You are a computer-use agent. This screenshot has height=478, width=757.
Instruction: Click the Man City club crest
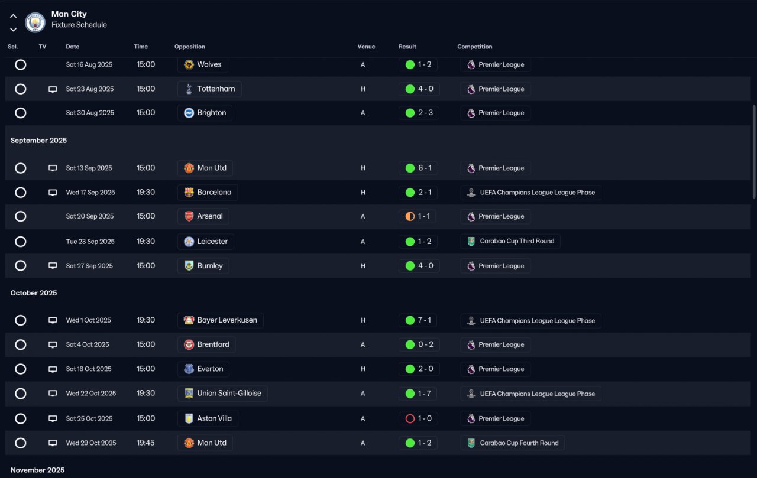click(x=35, y=22)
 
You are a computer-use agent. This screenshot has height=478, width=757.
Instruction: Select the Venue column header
click(x=366, y=47)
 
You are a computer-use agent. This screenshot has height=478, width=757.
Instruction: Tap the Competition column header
click(x=474, y=47)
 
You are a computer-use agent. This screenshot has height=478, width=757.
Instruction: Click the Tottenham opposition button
click(x=209, y=89)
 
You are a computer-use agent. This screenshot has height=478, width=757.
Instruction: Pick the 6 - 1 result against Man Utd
click(x=418, y=168)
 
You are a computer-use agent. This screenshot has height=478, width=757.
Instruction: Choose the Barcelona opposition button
click(x=207, y=193)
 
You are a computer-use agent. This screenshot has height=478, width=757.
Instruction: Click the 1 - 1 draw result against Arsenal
click(x=417, y=216)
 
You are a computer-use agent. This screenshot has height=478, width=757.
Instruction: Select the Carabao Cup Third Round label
click(x=510, y=241)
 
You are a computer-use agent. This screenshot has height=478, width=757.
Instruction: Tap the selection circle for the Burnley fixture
click(x=21, y=266)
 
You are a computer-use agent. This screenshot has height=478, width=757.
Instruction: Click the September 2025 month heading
click(x=38, y=141)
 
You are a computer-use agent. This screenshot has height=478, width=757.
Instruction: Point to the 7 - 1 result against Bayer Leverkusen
click(x=418, y=320)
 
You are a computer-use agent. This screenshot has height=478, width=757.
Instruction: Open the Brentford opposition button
click(x=206, y=344)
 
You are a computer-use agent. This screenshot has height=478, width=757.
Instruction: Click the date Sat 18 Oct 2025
click(x=89, y=369)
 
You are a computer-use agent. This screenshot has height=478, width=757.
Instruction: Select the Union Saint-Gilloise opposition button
click(x=222, y=394)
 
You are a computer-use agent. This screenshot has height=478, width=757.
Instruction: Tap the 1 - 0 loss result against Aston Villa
click(x=418, y=419)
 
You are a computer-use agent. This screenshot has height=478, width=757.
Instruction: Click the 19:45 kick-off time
click(x=145, y=443)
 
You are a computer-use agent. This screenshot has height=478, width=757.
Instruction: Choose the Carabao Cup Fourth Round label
click(x=512, y=443)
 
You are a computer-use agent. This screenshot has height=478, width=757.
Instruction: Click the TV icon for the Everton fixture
click(x=53, y=369)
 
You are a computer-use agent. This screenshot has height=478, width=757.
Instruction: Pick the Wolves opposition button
click(x=203, y=64)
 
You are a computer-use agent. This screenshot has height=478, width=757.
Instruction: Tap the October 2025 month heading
click(x=34, y=293)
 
